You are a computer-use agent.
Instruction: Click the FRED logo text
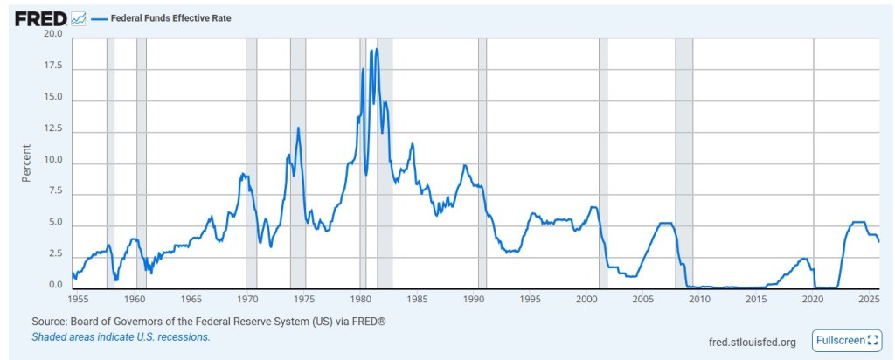coord(40,17)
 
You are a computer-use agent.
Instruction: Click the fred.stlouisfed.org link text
coord(753,341)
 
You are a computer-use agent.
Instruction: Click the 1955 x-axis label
coord(79,299)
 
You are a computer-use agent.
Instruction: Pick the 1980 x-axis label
coord(361,299)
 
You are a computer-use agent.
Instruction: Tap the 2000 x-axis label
coord(586,299)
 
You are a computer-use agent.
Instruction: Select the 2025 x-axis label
coord(868,299)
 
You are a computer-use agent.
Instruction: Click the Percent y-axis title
coord(27,162)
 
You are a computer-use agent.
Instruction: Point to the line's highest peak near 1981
coord(377,49)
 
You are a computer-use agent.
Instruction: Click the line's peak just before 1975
coord(298,128)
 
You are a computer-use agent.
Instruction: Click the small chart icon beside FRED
coord(79,17)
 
